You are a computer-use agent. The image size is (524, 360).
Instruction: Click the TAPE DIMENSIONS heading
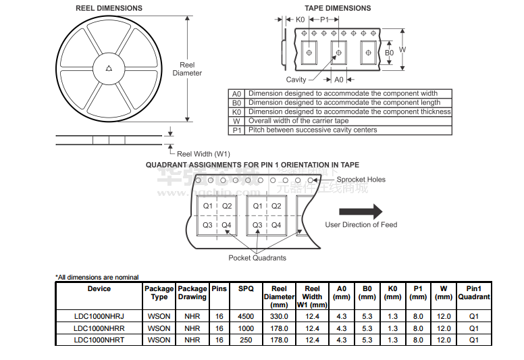tap(338, 8)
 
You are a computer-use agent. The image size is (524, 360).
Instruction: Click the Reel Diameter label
tap(187, 69)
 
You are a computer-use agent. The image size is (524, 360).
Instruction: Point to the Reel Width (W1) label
tap(203, 154)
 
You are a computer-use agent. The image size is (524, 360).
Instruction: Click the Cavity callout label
tap(296, 80)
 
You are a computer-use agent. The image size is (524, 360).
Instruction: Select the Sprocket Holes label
tap(361, 180)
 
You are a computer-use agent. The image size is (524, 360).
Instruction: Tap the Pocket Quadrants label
tap(257, 258)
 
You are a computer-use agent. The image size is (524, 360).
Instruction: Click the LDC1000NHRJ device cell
tap(99, 316)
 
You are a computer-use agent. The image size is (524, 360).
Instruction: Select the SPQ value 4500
tap(246, 316)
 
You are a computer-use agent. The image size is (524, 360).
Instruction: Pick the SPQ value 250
tap(246, 340)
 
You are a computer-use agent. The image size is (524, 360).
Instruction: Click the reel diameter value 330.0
tap(279, 316)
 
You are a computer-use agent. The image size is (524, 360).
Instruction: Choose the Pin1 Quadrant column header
tap(474, 292)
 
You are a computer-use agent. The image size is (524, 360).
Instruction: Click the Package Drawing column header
tap(192, 292)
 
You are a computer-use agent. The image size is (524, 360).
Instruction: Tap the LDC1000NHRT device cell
tap(99, 340)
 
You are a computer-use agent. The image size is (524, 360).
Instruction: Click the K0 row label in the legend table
tap(236, 112)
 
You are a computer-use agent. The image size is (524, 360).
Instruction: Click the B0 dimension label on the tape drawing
tap(389, 52)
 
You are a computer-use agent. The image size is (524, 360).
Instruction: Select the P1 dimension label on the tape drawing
tap(325, 20)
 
